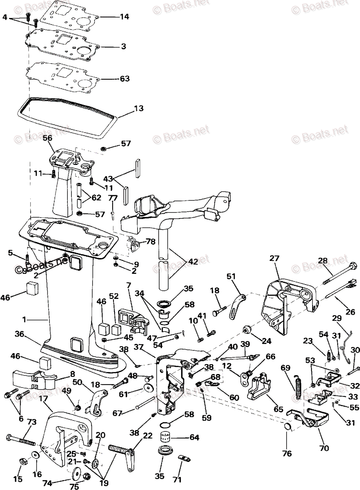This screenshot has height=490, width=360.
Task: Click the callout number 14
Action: [124, 17]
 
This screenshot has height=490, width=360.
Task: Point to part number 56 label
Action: [48, 138]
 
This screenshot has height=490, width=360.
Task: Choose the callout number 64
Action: [194, 438]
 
